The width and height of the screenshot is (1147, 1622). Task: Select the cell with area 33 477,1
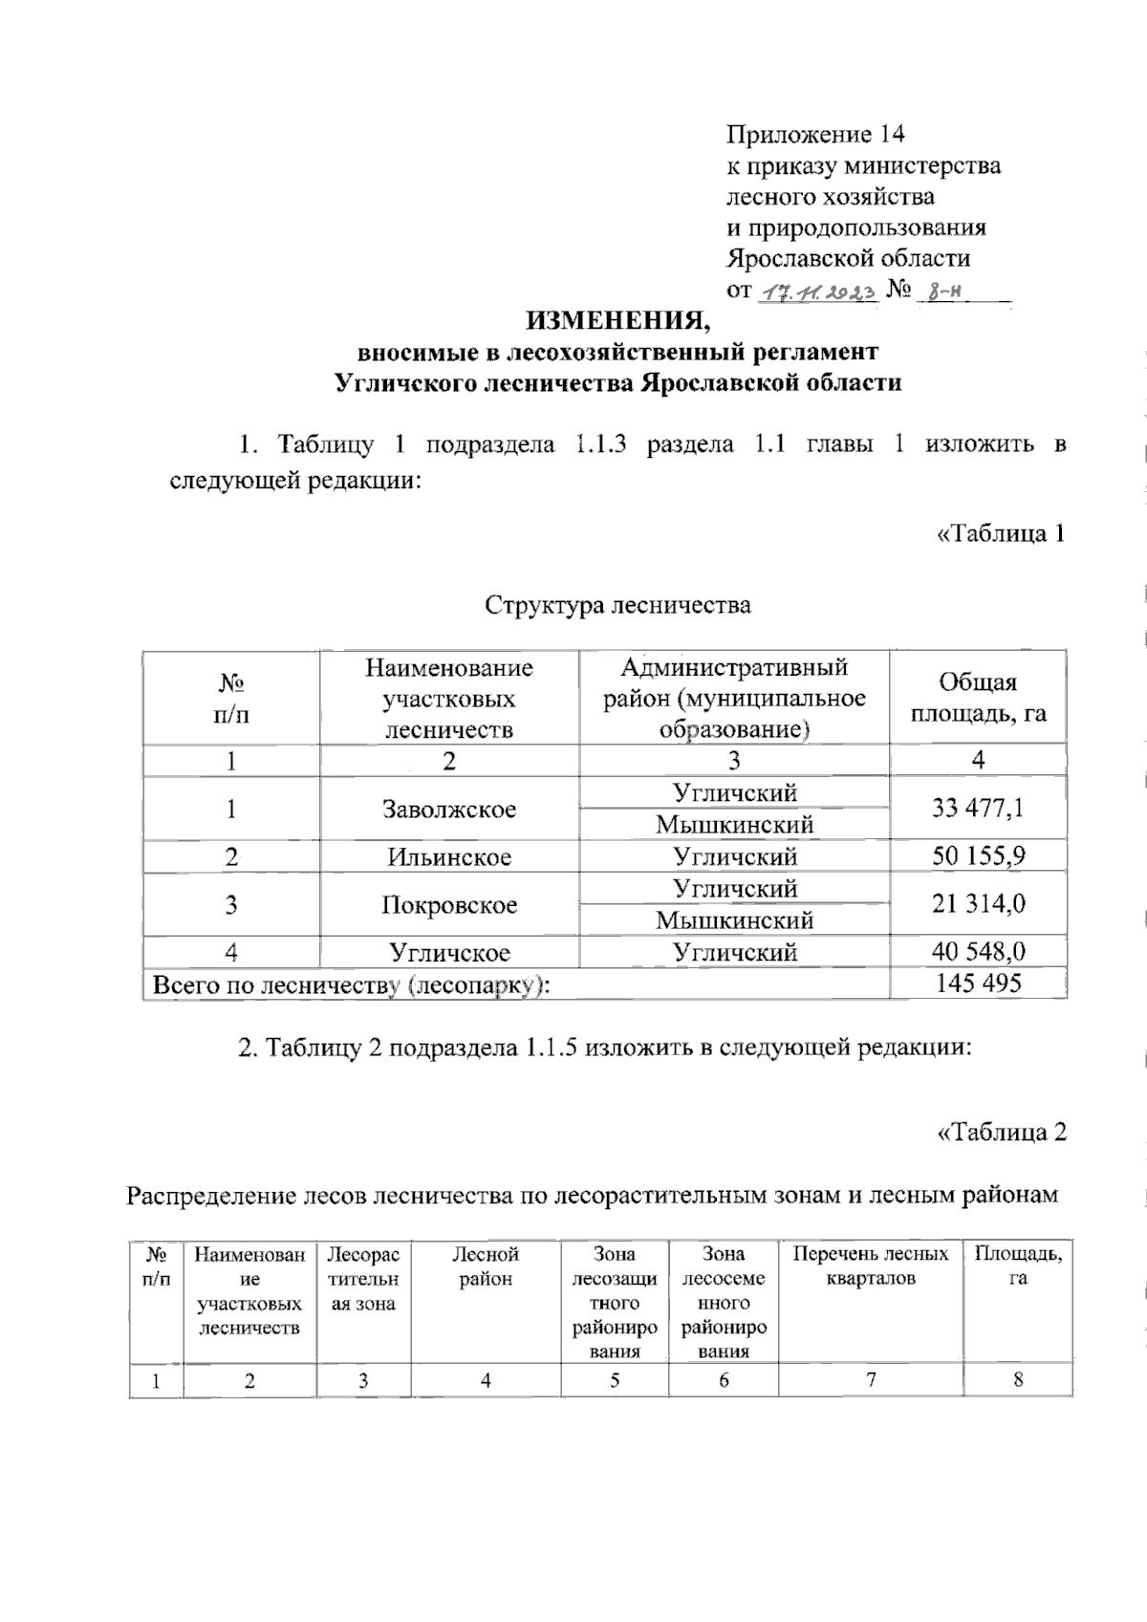tap(978, 809)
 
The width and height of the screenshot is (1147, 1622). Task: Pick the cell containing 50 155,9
tap(978, 855)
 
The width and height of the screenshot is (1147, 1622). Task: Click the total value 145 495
tap(978, 983)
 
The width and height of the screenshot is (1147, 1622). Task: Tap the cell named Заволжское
tap(449, 809)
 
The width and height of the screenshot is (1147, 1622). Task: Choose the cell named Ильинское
tap(449, 856)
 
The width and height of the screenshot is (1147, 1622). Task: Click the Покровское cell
tap(449, 904)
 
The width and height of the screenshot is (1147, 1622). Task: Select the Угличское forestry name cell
tap(449, 952)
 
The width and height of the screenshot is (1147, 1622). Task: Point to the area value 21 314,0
tap(978, 903)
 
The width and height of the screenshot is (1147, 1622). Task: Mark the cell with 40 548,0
tap(978, 951)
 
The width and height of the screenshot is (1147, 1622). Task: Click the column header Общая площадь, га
tap(978, 697)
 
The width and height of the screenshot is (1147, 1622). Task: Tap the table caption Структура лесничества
tap(617, 605)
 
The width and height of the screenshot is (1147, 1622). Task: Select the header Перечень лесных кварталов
tap(871, 1266)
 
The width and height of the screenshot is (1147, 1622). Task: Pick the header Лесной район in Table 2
tap(486, 1266)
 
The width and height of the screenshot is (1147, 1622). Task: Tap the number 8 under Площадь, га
tap(1018, 1380)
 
